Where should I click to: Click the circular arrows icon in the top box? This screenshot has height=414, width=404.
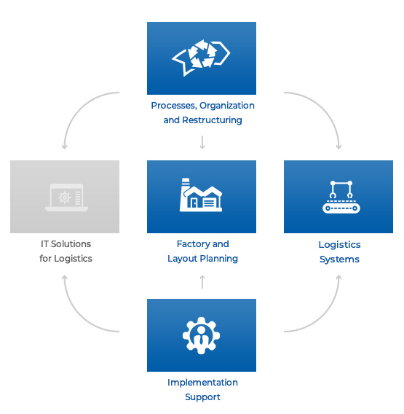pos(201,58)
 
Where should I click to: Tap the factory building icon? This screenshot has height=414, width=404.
pos(201,195)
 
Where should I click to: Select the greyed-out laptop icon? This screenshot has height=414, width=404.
pos(66,198)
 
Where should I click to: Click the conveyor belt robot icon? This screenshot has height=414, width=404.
pos(341,197)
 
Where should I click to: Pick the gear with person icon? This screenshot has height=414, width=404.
pos(201,335)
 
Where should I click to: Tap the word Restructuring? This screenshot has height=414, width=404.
pos(212,120)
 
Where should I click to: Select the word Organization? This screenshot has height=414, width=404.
pos(227,106)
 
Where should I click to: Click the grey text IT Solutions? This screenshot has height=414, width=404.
pos(66,244)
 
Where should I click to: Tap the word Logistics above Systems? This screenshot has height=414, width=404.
pos(339,245)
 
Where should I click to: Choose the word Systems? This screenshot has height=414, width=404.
pos(339,259)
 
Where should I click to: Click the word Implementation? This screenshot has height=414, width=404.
pos(202,383)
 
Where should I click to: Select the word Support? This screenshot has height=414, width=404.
pos(202,397)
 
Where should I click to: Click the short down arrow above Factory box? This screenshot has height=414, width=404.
pos(202,142)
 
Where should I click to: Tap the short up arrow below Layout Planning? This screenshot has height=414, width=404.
pos(202,282)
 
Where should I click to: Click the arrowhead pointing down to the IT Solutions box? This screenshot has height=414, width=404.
pos(64,147)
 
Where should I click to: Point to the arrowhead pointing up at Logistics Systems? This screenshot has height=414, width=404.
pos(339,278)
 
